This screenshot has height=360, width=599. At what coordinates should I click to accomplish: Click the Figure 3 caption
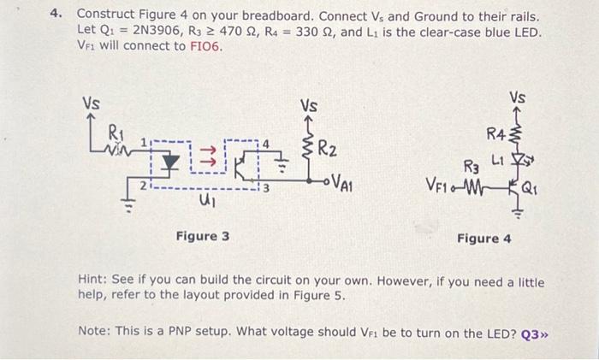pyautogui.click(x=202, y=236)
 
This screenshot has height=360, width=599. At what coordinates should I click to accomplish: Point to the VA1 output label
pyautogui.click(x=341, y=183)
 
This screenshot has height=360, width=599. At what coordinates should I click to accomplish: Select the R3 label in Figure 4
pyautogui.click(x=471, y=164)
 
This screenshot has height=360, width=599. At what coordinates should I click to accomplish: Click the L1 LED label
pyautogui.click(x=498, y=160)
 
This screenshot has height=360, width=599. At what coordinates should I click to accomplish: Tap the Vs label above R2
pyautogui.click(x=309, y=107)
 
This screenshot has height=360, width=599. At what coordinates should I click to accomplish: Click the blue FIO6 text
pyautogui.click(x=205, y=46)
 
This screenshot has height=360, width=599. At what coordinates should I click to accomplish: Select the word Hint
pyautogui.click(x=92, y=281)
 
